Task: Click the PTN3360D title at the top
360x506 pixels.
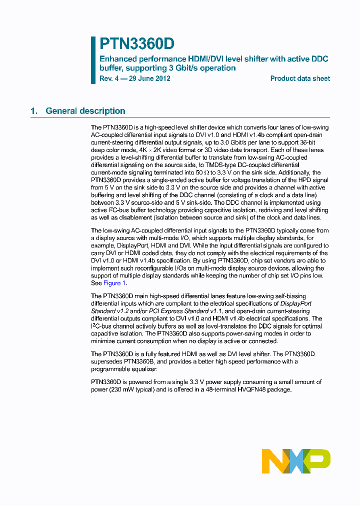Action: (x=137, y=44)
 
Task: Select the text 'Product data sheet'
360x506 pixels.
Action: (x=300, y=78)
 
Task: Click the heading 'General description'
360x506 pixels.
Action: (x=85, y=111)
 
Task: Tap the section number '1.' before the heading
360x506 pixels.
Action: (x=34, y=111)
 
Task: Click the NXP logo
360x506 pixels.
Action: (x=296, y=460)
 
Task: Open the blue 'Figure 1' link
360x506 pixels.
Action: (x=111, y=283)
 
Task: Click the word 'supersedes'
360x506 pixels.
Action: (x=106, y=361)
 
